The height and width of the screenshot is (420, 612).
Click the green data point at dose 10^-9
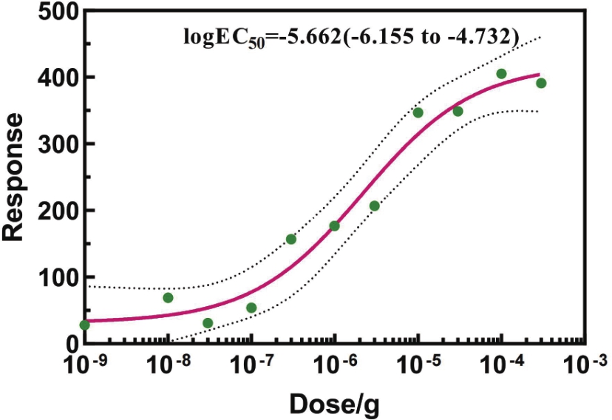pyautogui.click(x=84, y=325)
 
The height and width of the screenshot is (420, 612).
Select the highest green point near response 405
pyautogui.click(x=501, y=74)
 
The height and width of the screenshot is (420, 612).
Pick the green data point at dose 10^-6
pyautogui.click(x=334, y=226)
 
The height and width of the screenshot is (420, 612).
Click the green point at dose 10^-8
pyautogui.click(x=168, y=298)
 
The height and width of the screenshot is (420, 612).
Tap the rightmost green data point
pyautogui.click(x=541, y=84)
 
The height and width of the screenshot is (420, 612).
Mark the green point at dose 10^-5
pyautogui.click(x=418, y=113)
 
